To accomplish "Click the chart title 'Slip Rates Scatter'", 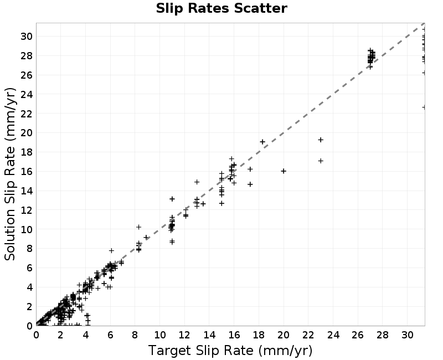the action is (x=221, y=8).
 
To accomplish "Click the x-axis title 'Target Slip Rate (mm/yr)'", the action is (x=230, y=351).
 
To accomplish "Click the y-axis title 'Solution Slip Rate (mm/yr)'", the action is (x=10, y=174).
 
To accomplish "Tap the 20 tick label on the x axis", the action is (x=284, y=335).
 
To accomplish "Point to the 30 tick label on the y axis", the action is (x=27, y=36).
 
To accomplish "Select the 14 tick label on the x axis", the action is (x=209, y=335).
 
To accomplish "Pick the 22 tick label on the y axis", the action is (x=27, y=114).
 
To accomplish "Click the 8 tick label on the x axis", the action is (x=135, y=335).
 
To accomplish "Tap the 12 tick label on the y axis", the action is (x=27, y=210).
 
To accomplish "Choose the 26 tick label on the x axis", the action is (x=358, y=335).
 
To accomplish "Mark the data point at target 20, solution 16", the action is (x=284, y=171).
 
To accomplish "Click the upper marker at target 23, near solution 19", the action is (x=321, y=140).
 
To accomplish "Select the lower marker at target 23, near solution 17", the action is (x=321, y=161).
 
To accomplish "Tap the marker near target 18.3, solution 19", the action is (x=262, y=142).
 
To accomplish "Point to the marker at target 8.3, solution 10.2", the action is (x=139, y=227).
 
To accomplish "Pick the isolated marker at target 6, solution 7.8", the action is (x=112, y=250).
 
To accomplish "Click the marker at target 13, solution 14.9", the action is (x=197, y=182).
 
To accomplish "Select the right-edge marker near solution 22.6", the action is (x=424, y=107).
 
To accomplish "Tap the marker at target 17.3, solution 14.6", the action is (x=250, y=184).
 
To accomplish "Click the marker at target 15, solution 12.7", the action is (x=222, y=203).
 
